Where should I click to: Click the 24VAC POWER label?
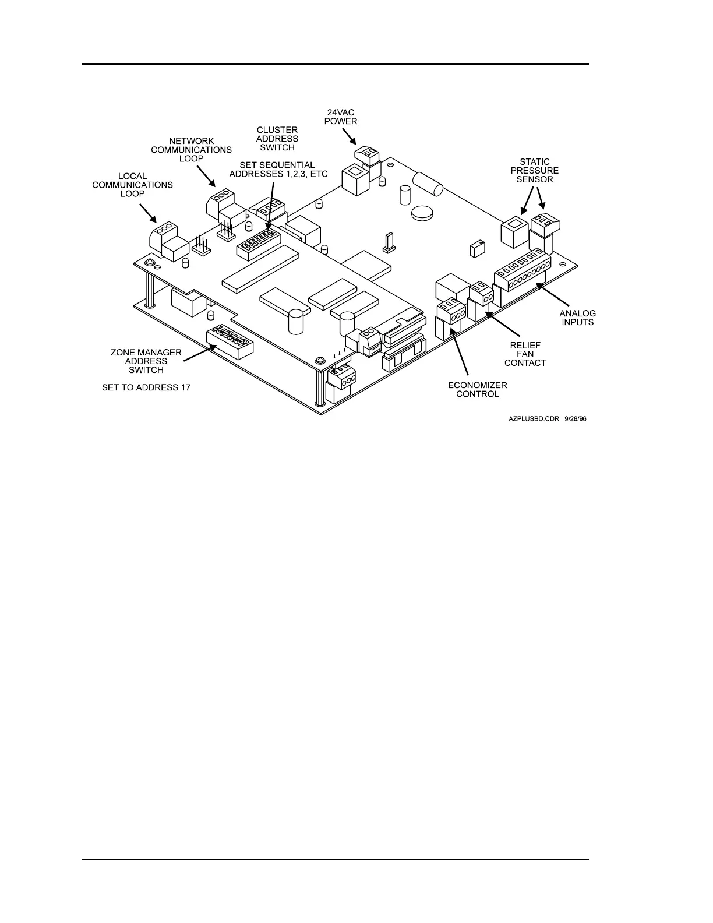tap(341, 117)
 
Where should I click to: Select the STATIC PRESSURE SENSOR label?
tap(534, 171)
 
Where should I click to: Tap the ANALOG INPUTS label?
tap(578, 318)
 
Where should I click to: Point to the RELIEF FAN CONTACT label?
tap(525, 354)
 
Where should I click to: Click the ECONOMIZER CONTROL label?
tap(477, 389)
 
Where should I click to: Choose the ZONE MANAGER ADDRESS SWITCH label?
tap(146, 361)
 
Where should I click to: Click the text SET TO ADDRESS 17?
tap(146, 387)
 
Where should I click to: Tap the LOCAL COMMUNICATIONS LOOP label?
tap(132, 185)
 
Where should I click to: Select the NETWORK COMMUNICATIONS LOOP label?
tap(191, 150)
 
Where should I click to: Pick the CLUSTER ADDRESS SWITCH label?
tap(277, 139)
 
